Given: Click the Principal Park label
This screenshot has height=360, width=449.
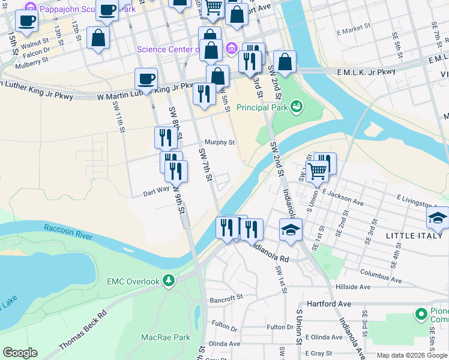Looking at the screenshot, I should [262, 108].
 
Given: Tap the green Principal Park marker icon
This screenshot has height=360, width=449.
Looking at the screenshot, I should [295, 107].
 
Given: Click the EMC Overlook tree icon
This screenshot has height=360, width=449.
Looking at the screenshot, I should [169, 281].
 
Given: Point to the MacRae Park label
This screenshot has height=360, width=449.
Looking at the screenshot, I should [165, 338].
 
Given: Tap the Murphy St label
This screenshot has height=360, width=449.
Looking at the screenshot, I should [219, 143].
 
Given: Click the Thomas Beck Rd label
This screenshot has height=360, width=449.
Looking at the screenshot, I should [82, 330].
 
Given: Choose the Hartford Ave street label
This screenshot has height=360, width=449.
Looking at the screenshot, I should [328, 304].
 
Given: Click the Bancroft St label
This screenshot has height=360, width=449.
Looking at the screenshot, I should [225, 297].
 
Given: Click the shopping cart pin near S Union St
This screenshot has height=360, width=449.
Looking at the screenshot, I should [317, 170].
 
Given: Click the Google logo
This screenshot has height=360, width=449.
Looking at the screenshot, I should [20, 353].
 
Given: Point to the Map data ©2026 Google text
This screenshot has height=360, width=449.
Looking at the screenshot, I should [411, 355].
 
